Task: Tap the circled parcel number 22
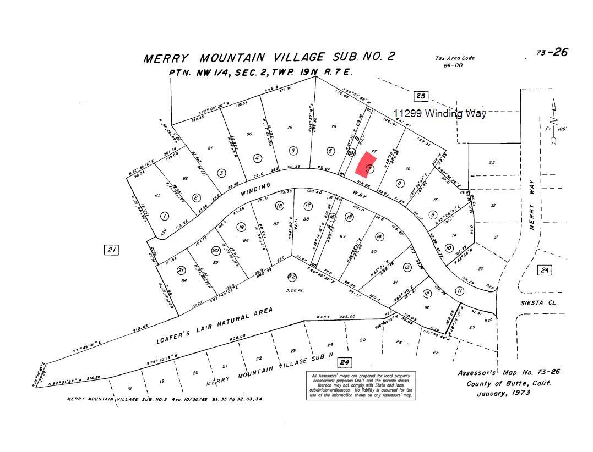(292, 277)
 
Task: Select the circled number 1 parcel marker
(164, 216)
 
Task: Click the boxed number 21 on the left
(112, 250)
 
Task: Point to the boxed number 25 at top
(421, 96)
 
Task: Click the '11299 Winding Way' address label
(439, 114)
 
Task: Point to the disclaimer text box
(361, 385)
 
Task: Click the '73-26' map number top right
(552, 53)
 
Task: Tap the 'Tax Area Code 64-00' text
(454, 62)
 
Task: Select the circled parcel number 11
(460, 291)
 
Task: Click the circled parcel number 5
(293, 151)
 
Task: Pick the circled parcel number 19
(241, 227)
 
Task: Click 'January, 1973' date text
(503, 393)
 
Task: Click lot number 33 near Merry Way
(492, 162)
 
